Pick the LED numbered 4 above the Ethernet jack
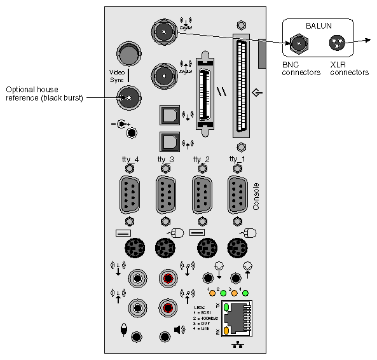pos(245,293)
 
